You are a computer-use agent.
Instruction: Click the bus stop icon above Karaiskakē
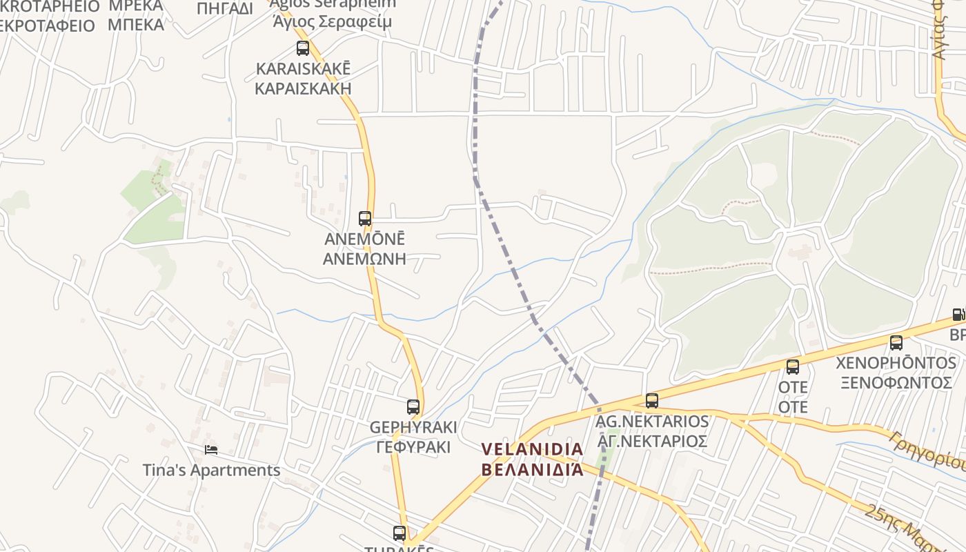(x=302, y=48)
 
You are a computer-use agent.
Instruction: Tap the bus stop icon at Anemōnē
(x=365, y=219)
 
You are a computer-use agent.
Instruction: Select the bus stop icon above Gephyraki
(x=413, y=407)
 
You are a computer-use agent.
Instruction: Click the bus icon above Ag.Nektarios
(x=651, y=401)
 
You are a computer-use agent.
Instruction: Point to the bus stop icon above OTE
(x=793, y=367)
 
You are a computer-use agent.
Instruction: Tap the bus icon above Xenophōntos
(x=896, y=343)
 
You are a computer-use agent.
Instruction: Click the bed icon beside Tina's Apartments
(x=211, y=450)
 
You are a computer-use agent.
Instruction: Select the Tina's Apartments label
(x=211, y=471)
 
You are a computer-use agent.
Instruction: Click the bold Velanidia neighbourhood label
(x=532, y=449)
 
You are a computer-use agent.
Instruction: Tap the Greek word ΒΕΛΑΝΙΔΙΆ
(x=532, y=470)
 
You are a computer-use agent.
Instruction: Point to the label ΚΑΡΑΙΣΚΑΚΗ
(x=303, y=88)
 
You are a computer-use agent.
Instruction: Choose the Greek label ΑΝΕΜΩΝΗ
(x=364, y=259)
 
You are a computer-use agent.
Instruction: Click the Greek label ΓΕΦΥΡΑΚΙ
(x=413, y=447)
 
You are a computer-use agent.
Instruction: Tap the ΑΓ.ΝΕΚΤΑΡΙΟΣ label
(x=652, y=441)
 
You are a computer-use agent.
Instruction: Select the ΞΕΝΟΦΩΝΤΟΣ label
(x=894, y=382)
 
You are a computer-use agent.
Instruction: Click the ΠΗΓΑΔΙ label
(x=225, y=8)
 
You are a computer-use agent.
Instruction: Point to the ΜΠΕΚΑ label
(x=136, y=26)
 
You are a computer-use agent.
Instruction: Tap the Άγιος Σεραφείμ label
(x=332, y=21)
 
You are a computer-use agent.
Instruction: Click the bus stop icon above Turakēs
(x=400, y=533)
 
